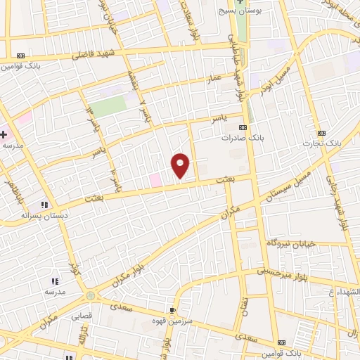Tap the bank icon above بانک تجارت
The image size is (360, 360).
coord(322,133)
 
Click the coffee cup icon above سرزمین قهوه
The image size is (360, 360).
coord(172,309)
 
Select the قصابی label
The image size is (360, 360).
coord(80,316)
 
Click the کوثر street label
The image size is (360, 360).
coord(75,267)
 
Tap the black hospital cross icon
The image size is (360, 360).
coord(4,134)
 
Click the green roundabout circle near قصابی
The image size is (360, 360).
coord(91,297)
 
